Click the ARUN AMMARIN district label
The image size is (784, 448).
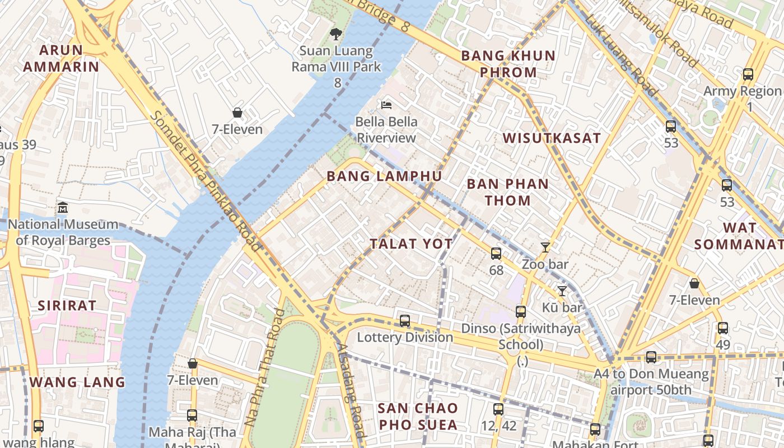(x=61, y=58)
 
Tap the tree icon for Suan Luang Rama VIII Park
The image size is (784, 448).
(x=335, y=35)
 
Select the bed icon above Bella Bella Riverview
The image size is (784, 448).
(x=386, y=105)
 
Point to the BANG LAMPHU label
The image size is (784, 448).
(x=384, y=176)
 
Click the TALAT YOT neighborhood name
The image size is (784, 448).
(x=411, y=244)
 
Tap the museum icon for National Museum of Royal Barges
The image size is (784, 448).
(x=62, y=208)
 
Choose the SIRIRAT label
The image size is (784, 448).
(x=67, y=306)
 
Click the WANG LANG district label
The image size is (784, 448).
(x=77, y=382)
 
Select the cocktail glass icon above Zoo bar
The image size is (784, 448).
(x=545, y=248)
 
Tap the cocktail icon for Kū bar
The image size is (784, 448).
(x=562, y=291)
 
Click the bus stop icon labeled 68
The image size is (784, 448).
(x=496, y=254)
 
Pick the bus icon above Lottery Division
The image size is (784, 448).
(x=405, y=321)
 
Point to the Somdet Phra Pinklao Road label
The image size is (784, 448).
(x=206, y=181)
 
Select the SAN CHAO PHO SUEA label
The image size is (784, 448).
(x=417, y=416)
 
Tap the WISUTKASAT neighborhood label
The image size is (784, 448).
(x=551, y=138)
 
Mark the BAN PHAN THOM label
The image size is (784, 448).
(x=507, y=192)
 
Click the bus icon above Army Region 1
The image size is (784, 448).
(x=748, y=74)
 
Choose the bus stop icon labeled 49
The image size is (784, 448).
(x=723, y=328)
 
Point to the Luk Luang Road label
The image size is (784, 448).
(x=622, y=54)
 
